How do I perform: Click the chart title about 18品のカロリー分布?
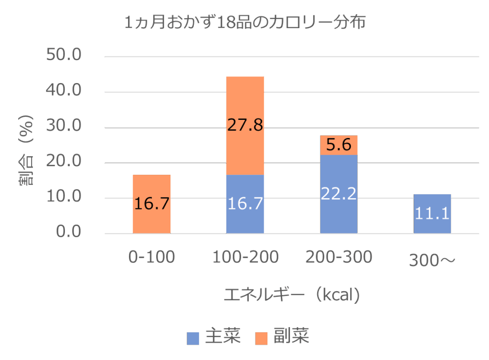pos(244,22)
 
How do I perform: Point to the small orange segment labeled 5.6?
pos(339,145)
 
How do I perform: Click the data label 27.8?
pos(245,125)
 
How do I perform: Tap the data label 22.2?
pos(339,193)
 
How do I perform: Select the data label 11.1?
pos(432,213)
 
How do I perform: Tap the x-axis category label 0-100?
pos(151,257)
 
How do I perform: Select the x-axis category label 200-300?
pos(339,257)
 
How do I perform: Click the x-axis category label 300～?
pos(432,260)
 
